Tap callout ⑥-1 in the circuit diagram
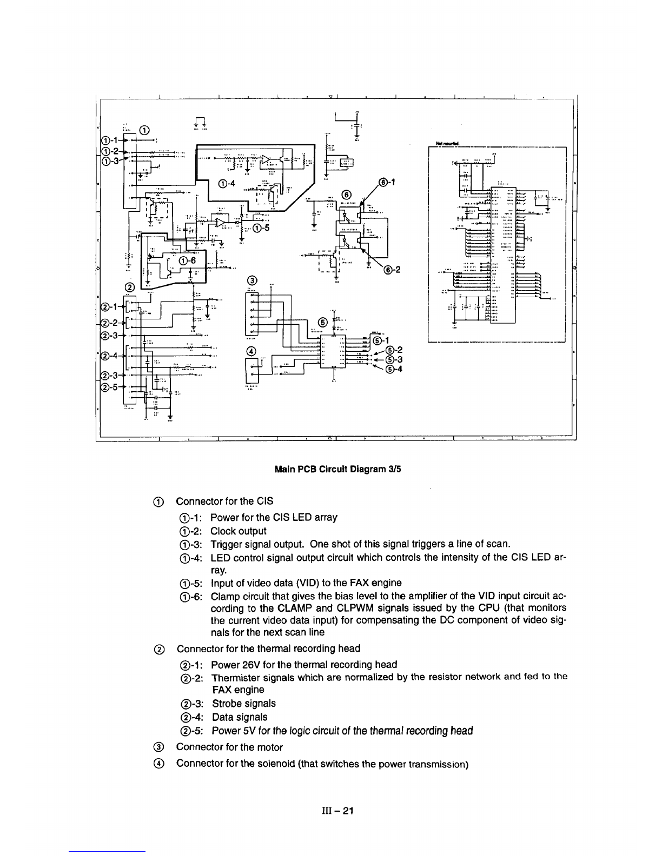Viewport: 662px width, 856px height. point(386,182)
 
